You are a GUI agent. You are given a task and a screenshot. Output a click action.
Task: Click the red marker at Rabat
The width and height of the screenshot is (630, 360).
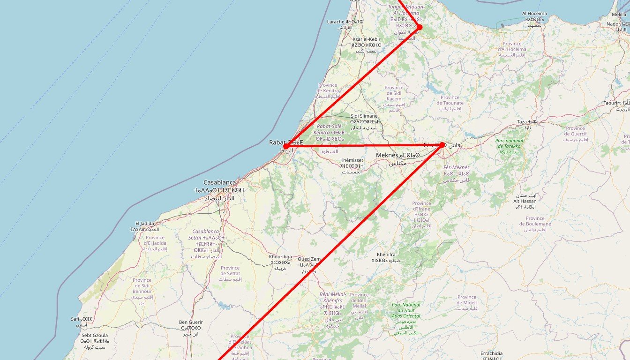[x=285, y=146]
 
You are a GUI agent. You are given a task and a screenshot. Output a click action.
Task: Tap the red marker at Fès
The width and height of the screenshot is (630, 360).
[x=442, y=145]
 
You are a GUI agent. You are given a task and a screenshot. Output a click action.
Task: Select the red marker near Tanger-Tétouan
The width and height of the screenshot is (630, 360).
[x=419, y=27]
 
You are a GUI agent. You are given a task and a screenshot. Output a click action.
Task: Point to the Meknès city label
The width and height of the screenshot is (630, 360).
[x=387, y=155]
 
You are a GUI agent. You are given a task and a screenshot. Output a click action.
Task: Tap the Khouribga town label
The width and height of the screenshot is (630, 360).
[x=280, y=257]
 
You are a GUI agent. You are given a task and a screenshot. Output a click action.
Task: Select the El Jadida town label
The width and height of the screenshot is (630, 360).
[x=144, y=223]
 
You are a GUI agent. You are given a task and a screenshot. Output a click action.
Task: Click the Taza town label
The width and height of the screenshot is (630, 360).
[x=522, y=122]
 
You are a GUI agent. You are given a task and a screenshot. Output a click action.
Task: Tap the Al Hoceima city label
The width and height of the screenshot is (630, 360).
[x=534, y=14]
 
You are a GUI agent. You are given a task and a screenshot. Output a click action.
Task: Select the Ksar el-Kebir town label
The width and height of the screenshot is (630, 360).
[x=367, y=39]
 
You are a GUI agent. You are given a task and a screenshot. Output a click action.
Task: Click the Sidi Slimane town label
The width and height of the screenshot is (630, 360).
[x=364, y=116]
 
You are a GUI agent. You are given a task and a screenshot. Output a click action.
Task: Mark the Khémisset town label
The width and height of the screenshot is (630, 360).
[x=352, y=160]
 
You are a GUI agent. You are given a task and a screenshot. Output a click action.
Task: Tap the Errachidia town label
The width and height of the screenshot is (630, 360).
[x=491, y=353]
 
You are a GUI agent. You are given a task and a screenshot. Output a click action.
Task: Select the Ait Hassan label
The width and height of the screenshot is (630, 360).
[x=525, y=201]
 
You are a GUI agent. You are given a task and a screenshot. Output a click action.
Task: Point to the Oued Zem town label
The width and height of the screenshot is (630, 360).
[x=309, y=259]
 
